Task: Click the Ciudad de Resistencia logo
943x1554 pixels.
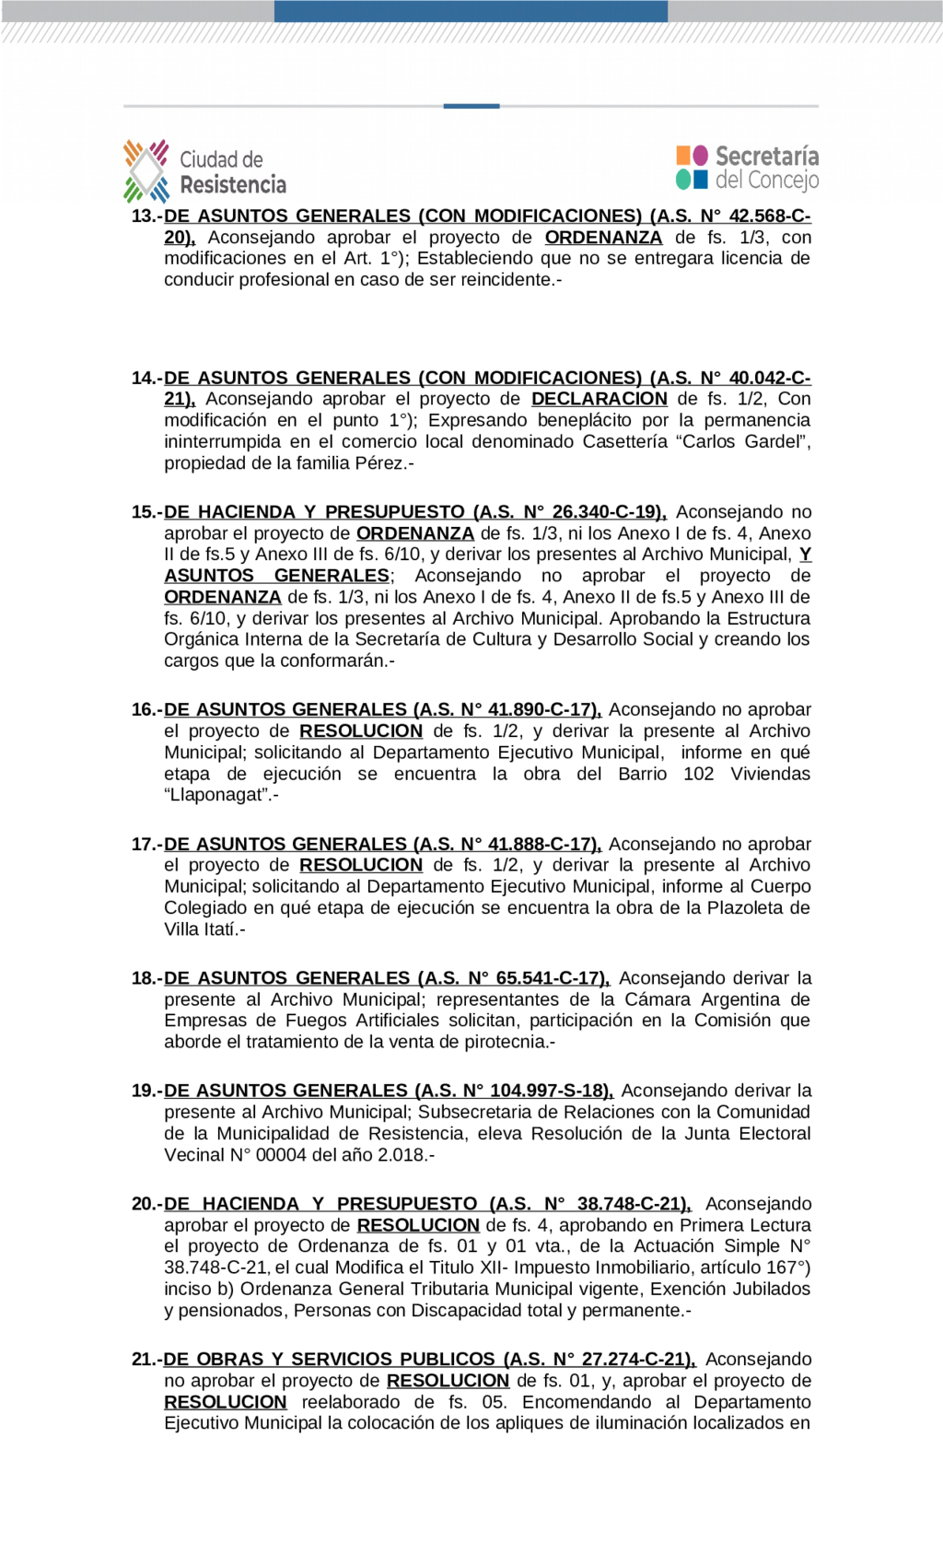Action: (x=204, y=171)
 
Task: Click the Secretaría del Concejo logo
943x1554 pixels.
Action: (x=747, y=168)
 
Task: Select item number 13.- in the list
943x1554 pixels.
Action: (x=146, y=216)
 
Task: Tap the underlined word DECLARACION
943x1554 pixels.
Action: (x=599, y=399)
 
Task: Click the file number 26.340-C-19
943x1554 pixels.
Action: (x=605, y=512)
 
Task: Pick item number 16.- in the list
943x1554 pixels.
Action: (x=146, y=710)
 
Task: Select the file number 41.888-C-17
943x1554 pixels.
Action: (x=541, y=845)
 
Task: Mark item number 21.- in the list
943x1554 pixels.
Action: (x=146, y=1360)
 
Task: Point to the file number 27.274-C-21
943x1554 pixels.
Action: (x=634, y=1360)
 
